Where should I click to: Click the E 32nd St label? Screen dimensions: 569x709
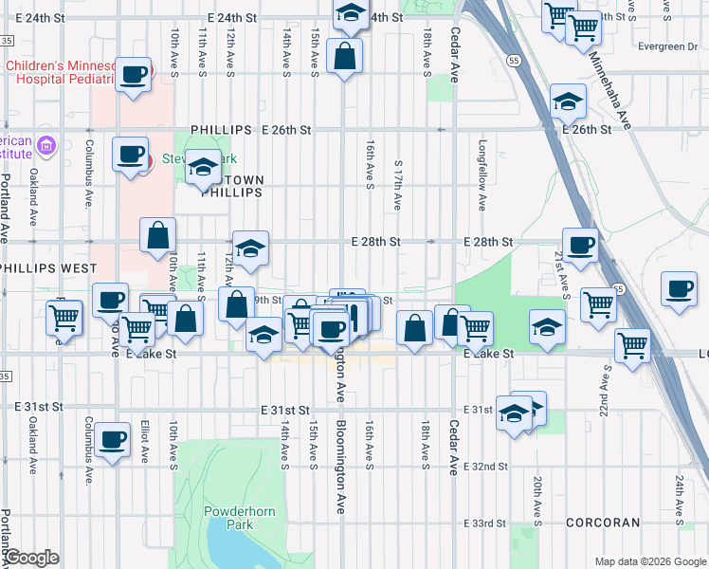(487, 468)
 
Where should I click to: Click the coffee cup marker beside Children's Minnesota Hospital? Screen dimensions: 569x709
(135, 74)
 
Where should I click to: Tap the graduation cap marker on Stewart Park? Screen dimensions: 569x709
(202, 169)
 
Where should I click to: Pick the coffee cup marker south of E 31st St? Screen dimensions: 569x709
(112, 440)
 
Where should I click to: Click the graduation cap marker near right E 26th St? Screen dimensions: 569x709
(567, 101)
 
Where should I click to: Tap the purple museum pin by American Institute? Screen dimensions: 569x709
(47, 147)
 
